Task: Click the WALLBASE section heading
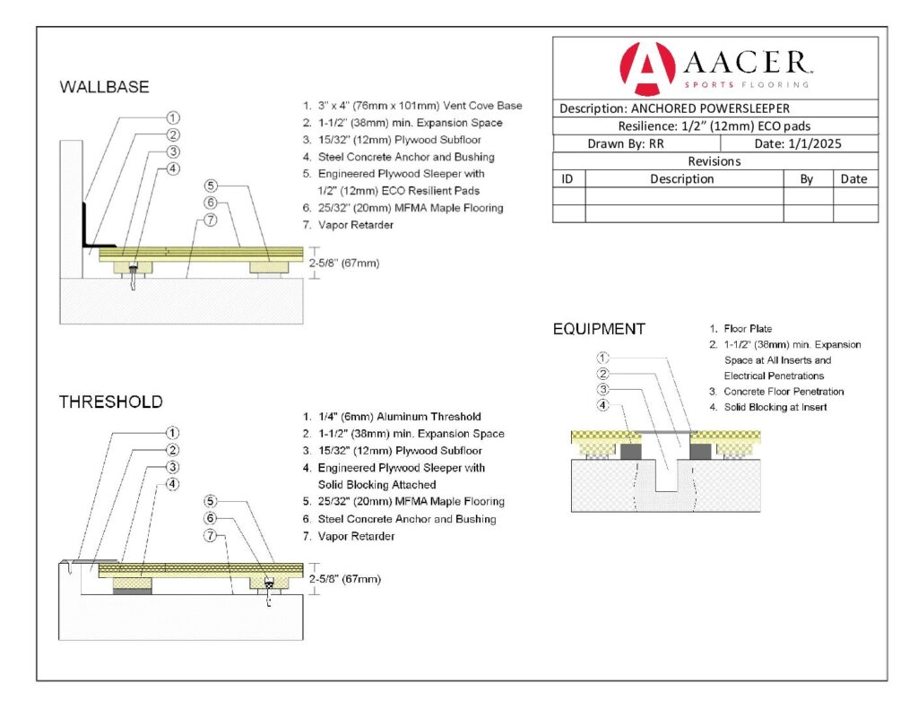click(x=104, y=88)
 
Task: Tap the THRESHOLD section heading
click(x=111, y=402)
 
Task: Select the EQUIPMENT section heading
click(x=599, y=329)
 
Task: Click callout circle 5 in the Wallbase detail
click(x=211, y=186)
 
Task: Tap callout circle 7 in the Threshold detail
click(x=211, y=536)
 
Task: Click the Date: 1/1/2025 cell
click(x=798, y=143)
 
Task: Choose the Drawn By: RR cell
click(x=626, y=143)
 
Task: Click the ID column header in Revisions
click(x=567, y=178)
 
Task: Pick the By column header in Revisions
click(x=807, y=178)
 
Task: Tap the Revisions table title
click(x=714, y=161)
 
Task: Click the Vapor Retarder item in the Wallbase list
click(x=355, y=225)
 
